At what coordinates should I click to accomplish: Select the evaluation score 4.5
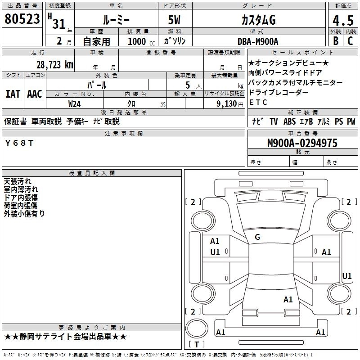[x=342, y=21]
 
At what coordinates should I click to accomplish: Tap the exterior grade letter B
[x=335, y=41]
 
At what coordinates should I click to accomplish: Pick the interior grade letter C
[x=350, y=41]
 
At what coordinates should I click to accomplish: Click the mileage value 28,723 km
[x=55, y=64]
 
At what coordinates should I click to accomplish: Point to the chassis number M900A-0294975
[x=302, y=143]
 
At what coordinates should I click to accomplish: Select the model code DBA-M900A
[x=258, y=41]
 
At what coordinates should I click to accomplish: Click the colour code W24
[x=75, y=103]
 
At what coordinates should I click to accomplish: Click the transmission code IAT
[x=13, y=94]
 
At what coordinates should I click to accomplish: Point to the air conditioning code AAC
[x=35, y=94]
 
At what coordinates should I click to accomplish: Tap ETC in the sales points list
[x=258, y=102]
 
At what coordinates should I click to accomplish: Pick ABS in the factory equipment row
[x=289, y=121]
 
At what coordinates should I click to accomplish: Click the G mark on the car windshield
[x=257, y=237]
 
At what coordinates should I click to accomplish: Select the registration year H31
[x=56, y=21]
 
